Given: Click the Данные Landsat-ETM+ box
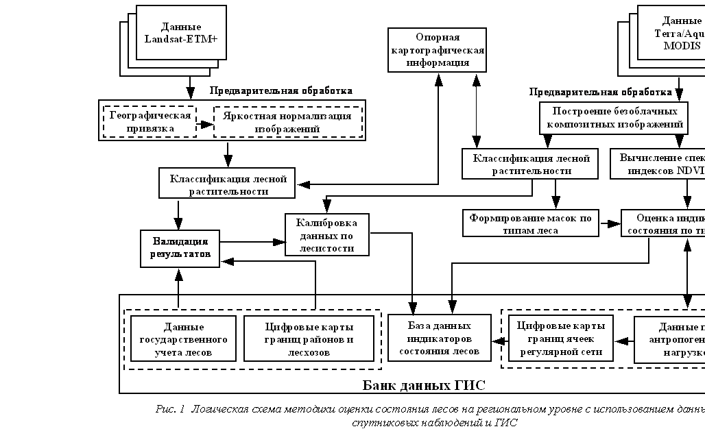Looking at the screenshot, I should pos(181,33).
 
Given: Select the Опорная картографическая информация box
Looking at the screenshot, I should pos(438,49).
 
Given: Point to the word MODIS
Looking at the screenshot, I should pos(682,46).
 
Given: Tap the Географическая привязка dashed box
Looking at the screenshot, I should pos(150,121).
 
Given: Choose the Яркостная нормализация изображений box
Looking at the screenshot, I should pos(287,121).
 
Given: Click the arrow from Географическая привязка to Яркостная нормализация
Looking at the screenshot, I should pos(205,124).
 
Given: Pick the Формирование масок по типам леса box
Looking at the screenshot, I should pos(530,224).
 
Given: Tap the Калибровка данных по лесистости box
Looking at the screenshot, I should pos(326,235).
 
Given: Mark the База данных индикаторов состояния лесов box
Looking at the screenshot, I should pos(440,337).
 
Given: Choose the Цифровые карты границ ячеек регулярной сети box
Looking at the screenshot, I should pos(560,339).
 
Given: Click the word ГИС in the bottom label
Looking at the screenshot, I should pos(470,385).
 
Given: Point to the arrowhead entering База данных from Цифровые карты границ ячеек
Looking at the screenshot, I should pos(498,340).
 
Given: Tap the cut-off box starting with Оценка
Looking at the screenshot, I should pos(664,223).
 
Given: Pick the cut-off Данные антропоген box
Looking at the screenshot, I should pos(669,339).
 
